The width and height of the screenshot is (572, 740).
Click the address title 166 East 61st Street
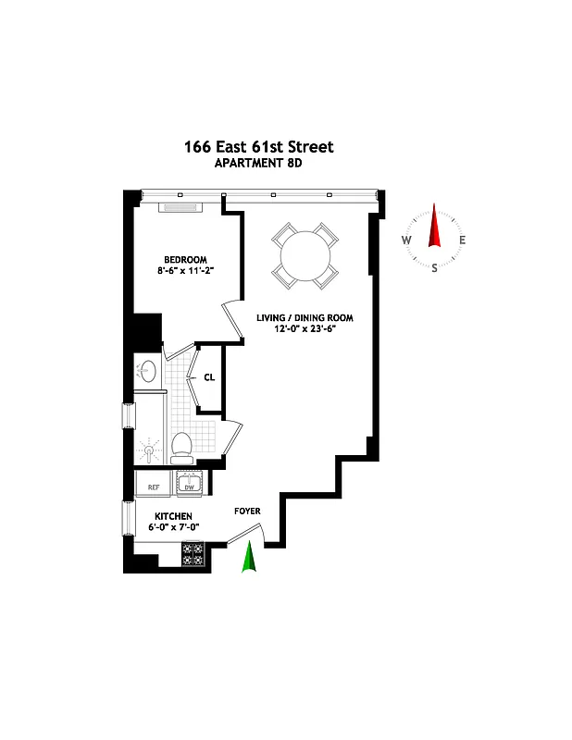(258, 147)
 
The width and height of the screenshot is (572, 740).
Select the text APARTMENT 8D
(258, 164)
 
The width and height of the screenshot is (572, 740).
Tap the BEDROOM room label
(185, 259)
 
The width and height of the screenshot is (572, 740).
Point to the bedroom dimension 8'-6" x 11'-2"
(185, 271)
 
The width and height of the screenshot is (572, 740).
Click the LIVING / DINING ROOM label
(305, 318)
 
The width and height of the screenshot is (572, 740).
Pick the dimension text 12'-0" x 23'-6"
(305, 330)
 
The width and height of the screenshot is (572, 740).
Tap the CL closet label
(209, 377)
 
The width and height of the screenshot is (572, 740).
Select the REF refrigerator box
(153, 485)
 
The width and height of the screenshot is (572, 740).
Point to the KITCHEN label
(173, 516)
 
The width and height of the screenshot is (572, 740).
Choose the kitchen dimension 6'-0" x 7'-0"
(173, 528)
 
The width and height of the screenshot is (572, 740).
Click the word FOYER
(246, 511)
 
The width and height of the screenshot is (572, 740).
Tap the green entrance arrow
(248, 558)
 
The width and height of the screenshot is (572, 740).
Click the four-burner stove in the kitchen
(193, 554)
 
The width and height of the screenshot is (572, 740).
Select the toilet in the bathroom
(181, 447)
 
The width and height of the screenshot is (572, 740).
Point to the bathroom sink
(146, 371)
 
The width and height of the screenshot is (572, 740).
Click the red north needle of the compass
(434, 228)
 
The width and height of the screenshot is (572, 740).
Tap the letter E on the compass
(462, 240)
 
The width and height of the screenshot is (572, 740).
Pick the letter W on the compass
(406, 240)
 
